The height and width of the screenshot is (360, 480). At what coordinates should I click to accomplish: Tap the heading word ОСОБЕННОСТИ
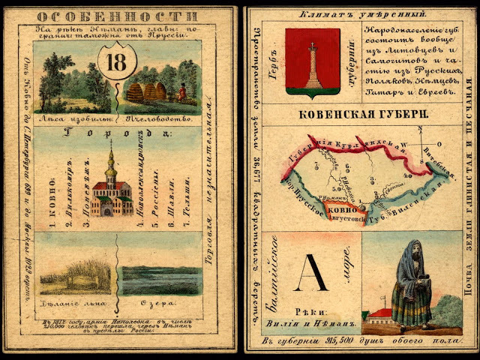coord(117,16)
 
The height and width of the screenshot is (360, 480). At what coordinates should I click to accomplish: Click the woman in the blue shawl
coord(410,285)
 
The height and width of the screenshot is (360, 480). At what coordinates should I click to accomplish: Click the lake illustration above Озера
coord(160,278)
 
